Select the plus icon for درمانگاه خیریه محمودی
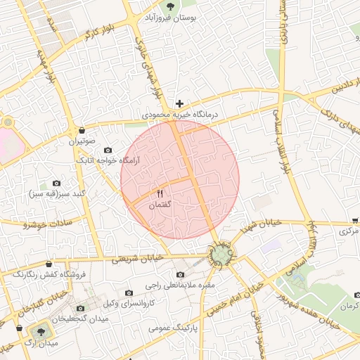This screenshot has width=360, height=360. pos(179,103)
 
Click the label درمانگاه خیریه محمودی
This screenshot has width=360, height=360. pos(181,114)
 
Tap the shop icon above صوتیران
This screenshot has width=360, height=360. pos(83,131)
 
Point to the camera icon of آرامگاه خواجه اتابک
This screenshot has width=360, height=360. pos(108,150)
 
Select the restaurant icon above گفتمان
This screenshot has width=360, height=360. pos(160,194)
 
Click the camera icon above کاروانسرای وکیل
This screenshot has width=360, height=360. pos(128,292)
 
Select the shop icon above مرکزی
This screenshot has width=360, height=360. pos(354,220)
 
